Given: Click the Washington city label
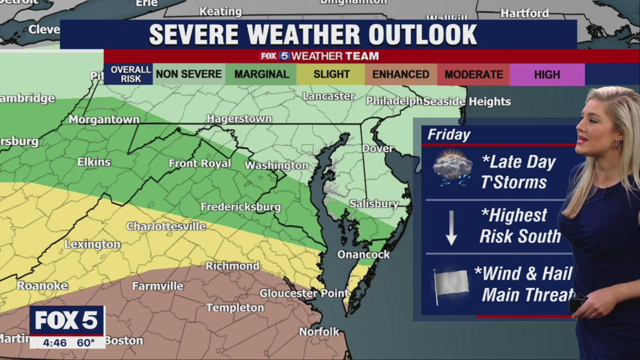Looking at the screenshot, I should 276,165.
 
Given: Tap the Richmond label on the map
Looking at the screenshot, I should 232,265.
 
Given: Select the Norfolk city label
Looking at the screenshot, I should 319,331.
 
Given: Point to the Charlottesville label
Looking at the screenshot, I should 166,226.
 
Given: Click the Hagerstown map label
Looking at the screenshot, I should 239,118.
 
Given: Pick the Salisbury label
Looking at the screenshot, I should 373,203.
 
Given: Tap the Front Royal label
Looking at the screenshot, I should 200,163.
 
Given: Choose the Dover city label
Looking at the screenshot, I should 377,148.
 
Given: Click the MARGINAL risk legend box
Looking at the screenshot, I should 261,74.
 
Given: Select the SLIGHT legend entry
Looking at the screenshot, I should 331,74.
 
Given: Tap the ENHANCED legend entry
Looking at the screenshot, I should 400,74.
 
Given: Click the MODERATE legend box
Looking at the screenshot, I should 473,74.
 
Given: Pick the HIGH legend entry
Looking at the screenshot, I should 547,74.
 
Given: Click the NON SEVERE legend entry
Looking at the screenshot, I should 188,74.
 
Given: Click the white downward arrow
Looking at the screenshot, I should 451,227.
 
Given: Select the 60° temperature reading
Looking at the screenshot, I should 85,343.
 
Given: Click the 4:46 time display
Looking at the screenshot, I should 54,343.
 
